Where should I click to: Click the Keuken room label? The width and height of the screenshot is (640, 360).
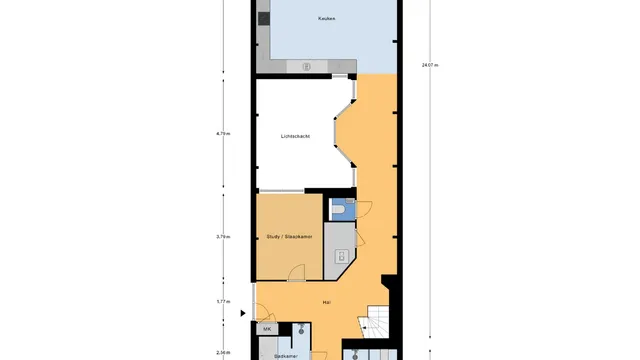pos(326,19)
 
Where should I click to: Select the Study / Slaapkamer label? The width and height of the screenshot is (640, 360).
pos(289,237)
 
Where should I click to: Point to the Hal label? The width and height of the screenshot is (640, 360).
pos(326,301)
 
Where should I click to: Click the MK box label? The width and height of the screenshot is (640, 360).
pos(267,329)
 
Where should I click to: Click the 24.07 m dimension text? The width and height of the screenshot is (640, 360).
pos(430,65)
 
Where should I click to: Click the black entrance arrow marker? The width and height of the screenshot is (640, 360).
pos(243,313)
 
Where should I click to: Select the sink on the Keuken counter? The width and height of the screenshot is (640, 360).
pos(307,67)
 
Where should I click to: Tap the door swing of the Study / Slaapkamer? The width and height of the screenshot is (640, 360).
pos(297,274)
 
